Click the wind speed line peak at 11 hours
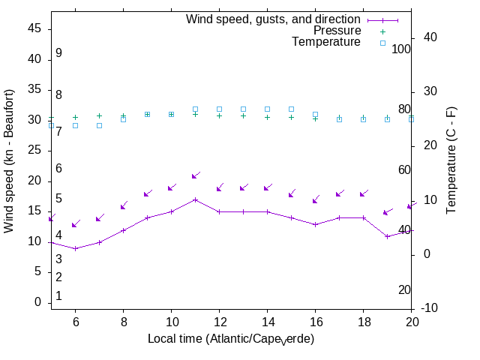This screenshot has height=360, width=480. tap(195, 199)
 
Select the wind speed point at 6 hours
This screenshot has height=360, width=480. tap(75, 248)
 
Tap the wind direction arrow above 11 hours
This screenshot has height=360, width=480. tap(196, 175)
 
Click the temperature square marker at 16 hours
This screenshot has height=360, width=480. tap(315, 115)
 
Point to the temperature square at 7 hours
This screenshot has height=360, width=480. tap(99, 125)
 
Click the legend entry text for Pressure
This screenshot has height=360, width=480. tap(337, 31)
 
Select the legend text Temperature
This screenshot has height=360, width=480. tap(326, 42)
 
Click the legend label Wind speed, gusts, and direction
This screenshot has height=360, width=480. tap(274, 19)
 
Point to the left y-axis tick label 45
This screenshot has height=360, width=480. tap(34, 28)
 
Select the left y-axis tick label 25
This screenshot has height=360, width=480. tap(34, 151)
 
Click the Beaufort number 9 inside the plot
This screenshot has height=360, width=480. tap(58, 53)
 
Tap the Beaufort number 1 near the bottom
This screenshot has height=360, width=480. tap(58, 296)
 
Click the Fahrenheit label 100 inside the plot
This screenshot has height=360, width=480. tap(401, 49)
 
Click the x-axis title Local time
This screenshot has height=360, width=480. tap(231, 339)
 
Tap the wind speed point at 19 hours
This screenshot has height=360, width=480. tap(387, 236)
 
